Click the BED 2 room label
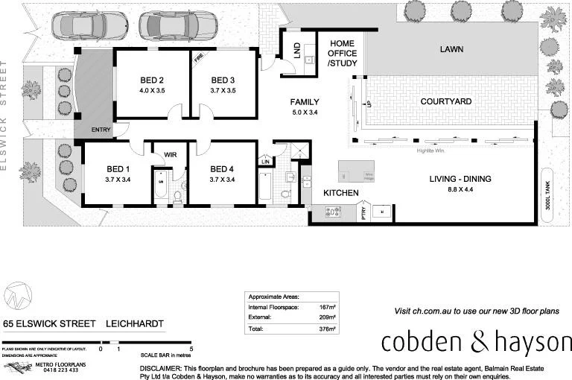pos(152,80)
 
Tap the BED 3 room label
pos(223,80)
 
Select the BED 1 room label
pos(118,168)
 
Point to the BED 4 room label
pos(223,168)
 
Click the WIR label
pos(170,154)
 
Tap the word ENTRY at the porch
pos(101,130)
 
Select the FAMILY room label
pos(305,102)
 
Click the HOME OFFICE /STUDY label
pos(343,54)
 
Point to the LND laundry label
pos(296,51)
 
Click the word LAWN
pos(451,50)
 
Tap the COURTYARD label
pos(445,101)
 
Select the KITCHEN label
pos(341,194)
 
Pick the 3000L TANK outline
pos(547,196)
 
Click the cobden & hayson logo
pos(475,342)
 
